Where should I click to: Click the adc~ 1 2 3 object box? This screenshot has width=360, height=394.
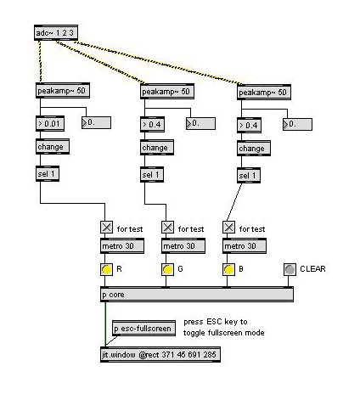(x=56, y=33)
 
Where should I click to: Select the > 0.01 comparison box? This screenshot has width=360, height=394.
(x=50, y=123)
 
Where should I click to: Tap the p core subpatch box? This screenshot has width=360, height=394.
(x=197, y=295)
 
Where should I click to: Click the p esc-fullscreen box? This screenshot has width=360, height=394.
(x=143, y=329)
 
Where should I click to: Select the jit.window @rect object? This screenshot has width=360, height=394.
(x=160, y=354)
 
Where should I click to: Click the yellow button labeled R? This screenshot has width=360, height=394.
(x=107, y=270)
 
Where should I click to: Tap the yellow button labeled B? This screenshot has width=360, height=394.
(x=229, y=270)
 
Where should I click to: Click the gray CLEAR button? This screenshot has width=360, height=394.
(x=290, y=269)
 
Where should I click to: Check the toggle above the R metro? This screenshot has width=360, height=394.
(x=107, y=228)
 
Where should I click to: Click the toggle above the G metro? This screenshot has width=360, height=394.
(x=168, y=228)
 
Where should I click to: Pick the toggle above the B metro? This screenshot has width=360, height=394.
(x=229, y=228)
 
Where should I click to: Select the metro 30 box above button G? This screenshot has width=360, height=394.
(x=183, y=246)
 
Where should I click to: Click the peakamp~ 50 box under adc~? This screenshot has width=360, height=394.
(x=63, y=91)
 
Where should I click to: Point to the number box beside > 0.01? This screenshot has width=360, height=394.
(x=96, y=123)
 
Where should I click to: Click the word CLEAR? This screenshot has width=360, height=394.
(x=312, y=269)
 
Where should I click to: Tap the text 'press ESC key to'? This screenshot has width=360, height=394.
(x=216, y=322)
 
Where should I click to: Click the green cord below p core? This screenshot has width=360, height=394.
(x=105, y=324)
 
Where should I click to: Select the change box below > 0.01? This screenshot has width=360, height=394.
(x=53, y=147)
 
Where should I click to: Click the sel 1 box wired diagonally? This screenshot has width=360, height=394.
(x=249, y=176)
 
